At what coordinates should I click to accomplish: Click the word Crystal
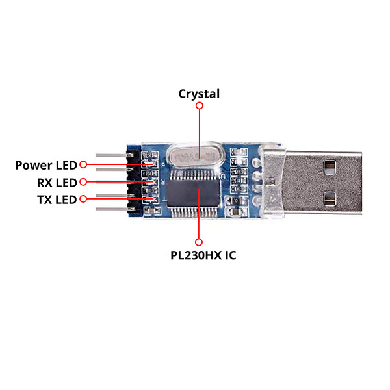point(200,94)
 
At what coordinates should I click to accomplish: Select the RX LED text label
point(57,182)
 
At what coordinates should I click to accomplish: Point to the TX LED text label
point(57,199)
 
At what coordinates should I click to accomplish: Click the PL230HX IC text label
point(203,255)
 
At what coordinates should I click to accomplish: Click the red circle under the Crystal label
point(200,105)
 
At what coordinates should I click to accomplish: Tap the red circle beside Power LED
point(83,165)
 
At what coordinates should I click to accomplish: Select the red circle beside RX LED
point(83,182)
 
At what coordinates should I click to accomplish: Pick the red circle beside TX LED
point(83,199)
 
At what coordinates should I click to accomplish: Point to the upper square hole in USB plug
point(331,167)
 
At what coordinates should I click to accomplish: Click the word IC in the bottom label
point(230,255)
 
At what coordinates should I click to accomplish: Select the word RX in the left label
point(45,182)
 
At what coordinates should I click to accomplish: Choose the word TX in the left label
point(45,199)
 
